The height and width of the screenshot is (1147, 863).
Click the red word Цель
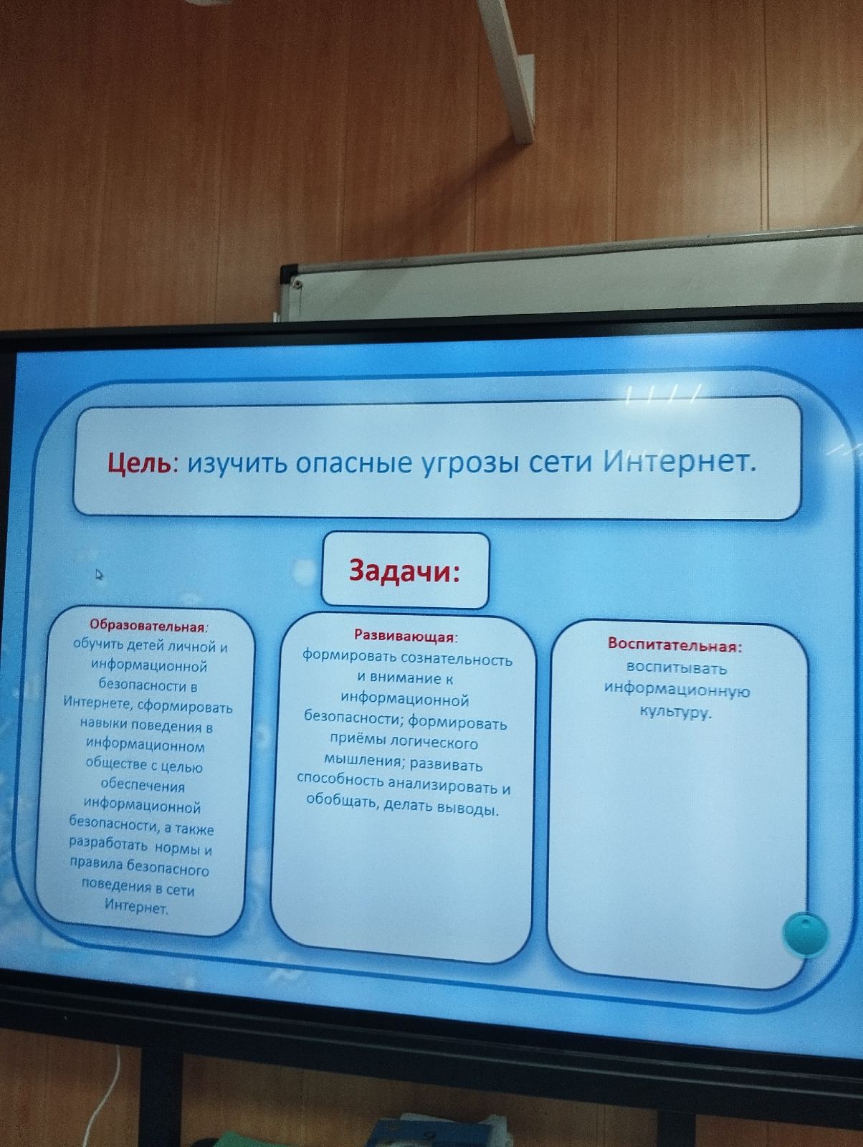[x=140, y=464]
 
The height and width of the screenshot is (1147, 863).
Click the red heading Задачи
[x=404, y=571]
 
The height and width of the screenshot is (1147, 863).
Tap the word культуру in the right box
[x=676, y=712]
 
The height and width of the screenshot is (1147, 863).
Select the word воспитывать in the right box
[x=677, y=667]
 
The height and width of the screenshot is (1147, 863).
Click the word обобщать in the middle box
[x=341, y=800]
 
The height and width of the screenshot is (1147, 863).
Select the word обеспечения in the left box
[x=143, y=786]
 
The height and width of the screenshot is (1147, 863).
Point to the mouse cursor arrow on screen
[x=99, y=575]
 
